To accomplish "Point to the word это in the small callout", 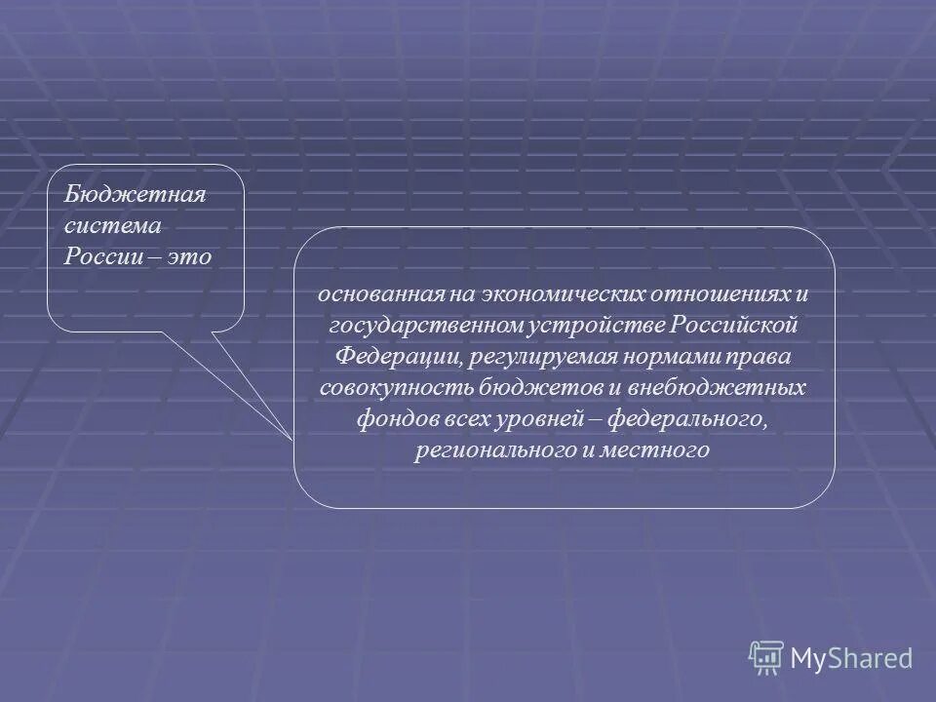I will tap(190, 255).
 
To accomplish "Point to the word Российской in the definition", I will tap(738, 325).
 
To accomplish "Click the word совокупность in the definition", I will tap(380, 388).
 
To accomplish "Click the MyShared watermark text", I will tap(850, 658).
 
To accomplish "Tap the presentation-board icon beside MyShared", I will tap(766, 658).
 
